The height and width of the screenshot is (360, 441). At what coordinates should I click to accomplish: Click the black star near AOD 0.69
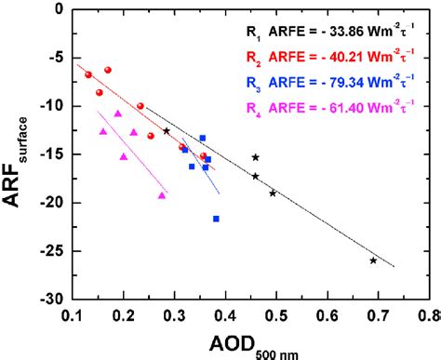(x=373, y=260)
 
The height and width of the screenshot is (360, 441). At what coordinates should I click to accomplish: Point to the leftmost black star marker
(x=167, y=131)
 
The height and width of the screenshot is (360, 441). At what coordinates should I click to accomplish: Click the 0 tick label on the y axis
(x=59, y=9)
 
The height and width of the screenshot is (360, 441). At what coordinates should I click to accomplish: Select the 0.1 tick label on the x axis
(x=73, y=316)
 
